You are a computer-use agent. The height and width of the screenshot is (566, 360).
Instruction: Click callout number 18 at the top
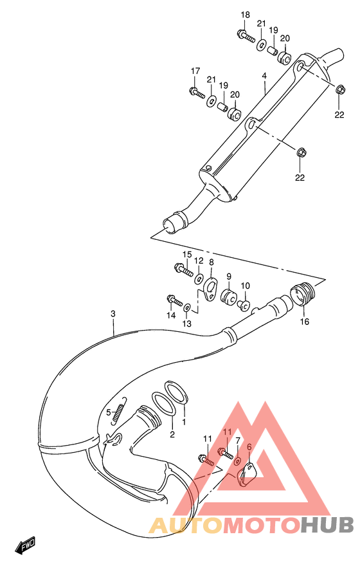point(245,15)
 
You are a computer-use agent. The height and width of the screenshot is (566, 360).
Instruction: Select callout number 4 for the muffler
point(264,76)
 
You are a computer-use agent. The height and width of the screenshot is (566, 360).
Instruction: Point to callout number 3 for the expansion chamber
point(113,314)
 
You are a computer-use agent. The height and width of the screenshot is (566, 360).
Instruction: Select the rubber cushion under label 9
point(228,297)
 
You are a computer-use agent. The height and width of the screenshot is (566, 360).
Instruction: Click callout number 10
point(246,286)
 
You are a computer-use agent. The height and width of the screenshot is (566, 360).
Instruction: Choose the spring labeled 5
point(116,416)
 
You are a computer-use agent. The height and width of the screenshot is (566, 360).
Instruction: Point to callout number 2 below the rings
point(172,435)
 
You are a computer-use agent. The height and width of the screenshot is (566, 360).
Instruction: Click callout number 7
point(237,441)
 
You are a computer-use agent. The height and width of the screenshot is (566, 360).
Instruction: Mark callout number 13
point(186,324)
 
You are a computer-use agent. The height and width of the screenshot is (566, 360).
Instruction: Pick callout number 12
point(199,261)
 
